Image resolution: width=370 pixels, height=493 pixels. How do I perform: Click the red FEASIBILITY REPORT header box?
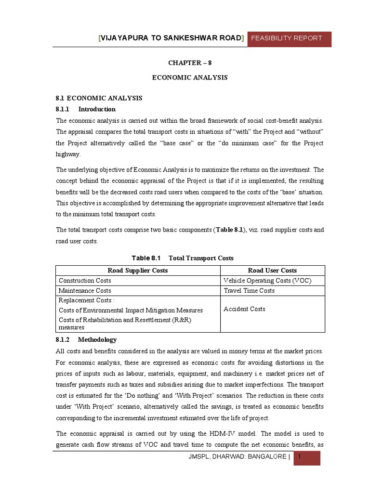pyautogui.click(x=289, y=38)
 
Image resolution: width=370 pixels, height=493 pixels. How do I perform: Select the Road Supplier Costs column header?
pyautogui.click(x=138, y=271)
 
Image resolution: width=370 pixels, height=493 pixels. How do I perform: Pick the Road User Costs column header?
pyautogui.click(x=272, y=271)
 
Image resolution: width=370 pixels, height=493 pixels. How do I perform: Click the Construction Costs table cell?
pyautogui.click(x=85, y=281)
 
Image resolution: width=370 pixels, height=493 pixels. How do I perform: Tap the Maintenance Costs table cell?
pyautogui.click(x=85, y=291)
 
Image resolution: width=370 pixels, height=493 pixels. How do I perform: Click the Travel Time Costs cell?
pyautogui.click(x=249, y=291)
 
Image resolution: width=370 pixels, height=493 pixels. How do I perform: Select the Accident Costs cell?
pyautogui.click(x=244, y=309)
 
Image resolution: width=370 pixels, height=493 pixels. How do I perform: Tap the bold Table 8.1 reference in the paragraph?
pyautogui.click(x=231, y=230)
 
